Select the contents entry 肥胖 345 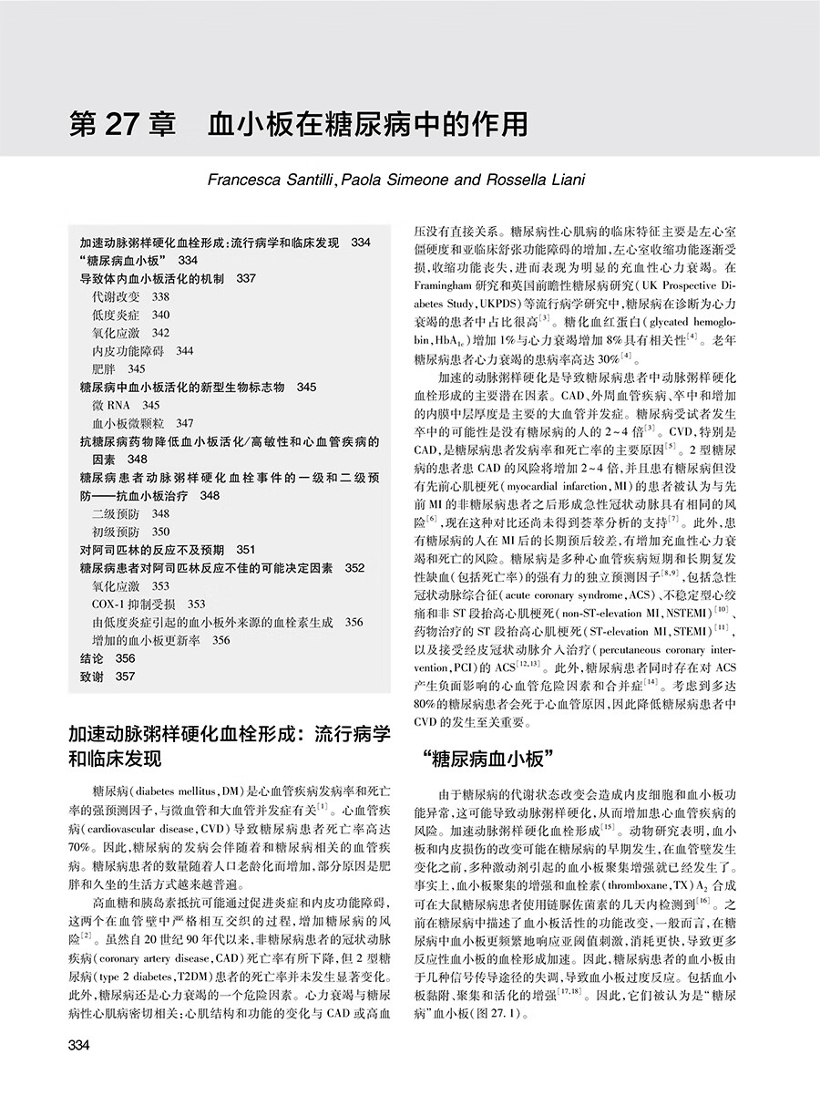[118, 368]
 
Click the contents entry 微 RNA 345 [126, 405]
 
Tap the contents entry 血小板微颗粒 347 [142, 423]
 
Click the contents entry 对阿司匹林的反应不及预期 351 [167, 550]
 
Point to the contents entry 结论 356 [107, 657]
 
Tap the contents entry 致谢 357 [107, 676]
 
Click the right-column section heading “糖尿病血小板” [491, 759]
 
